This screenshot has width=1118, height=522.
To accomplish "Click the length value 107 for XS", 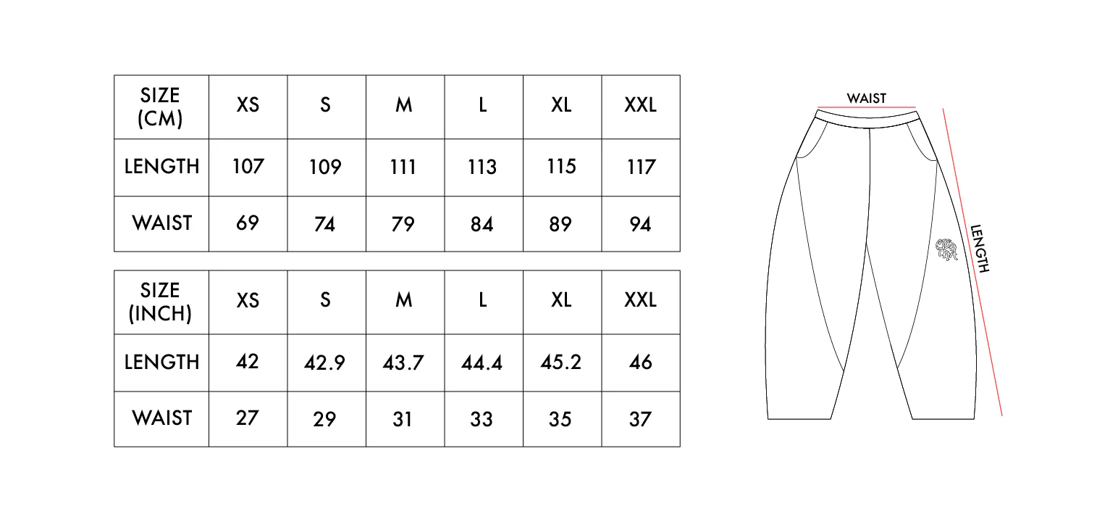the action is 248,166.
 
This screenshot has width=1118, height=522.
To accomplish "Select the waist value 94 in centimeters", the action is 640,224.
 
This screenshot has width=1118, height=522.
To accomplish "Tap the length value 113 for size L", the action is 482,167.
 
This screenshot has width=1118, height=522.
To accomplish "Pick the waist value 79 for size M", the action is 403,224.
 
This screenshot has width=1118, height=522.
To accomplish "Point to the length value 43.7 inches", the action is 403,362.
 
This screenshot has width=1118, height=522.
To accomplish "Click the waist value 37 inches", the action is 640,419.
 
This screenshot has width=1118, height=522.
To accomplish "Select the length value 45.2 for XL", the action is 561,362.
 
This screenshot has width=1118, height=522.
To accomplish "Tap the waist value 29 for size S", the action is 325,419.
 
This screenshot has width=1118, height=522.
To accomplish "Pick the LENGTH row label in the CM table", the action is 161,166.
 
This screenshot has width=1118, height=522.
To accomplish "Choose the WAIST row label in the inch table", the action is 161,418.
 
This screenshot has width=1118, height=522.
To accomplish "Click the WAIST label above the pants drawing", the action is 867,99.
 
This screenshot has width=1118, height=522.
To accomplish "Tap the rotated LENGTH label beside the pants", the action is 980,248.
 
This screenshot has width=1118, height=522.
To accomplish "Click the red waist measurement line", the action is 867,107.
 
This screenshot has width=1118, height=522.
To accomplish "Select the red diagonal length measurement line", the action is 972,262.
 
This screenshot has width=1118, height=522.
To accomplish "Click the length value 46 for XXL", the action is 640,362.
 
